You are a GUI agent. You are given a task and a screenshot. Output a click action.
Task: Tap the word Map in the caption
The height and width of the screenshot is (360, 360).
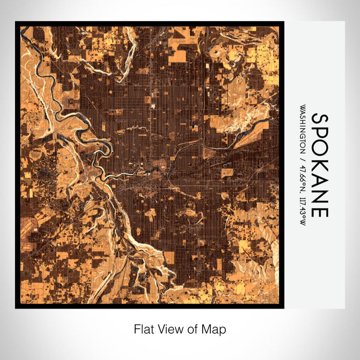click(x=215, y=329)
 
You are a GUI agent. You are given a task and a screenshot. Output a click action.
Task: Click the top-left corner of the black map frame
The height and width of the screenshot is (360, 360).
click(x=16, y=22)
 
